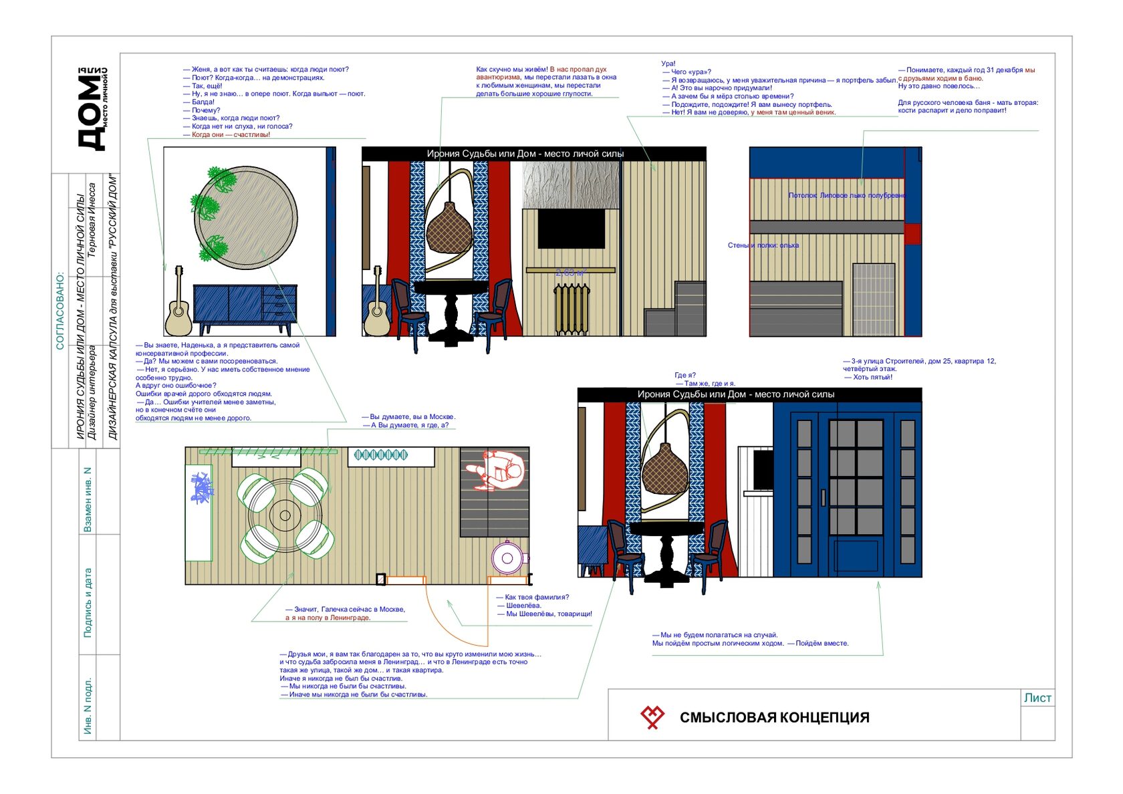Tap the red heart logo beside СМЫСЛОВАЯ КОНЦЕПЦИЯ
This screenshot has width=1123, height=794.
652,716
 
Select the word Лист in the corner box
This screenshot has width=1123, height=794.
1037,698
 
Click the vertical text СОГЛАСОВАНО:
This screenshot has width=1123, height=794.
60,310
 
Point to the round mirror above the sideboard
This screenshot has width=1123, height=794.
246,218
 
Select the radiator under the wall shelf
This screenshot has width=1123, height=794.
572,309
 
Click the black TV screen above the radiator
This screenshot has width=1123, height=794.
571,229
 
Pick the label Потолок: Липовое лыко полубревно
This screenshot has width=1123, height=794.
847,196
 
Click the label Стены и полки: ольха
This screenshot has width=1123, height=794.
763,245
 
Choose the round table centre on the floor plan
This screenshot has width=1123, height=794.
285,515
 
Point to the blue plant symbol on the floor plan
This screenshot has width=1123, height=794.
201,487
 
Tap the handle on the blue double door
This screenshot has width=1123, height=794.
824,497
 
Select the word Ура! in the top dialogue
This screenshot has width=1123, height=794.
668,64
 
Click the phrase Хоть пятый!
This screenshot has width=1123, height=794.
872,378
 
